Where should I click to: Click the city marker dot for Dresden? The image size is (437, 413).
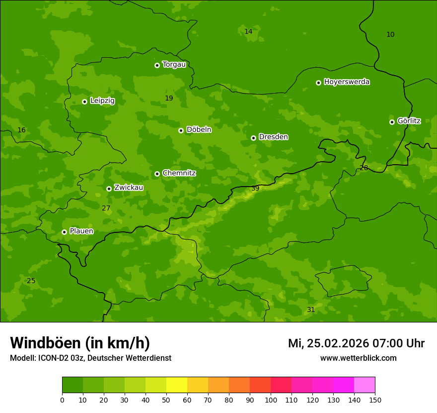(253, 138)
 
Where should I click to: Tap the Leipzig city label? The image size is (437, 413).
(102, 101)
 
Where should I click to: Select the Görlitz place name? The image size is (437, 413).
(409, 121)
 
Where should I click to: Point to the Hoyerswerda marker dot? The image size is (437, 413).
(318, 83)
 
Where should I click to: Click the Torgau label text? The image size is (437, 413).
(174, 64)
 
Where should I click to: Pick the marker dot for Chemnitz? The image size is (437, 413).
(157, 174)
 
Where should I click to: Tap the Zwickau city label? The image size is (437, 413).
(129, 188)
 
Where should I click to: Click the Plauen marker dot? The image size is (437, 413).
(64, 232)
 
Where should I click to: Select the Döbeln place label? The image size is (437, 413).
(199, 129)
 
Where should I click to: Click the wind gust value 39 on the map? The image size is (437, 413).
(255, 188)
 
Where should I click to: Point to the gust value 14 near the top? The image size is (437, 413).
(248, 31)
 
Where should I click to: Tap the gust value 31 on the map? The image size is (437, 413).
(311, 310)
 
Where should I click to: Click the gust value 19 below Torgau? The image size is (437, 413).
(169, 98)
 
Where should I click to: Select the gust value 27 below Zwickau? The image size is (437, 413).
(106, 208)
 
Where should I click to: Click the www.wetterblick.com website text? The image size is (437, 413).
(358, 358)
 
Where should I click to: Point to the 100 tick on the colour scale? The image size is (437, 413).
(271, 400)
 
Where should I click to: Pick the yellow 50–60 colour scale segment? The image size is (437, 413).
(177, 385)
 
